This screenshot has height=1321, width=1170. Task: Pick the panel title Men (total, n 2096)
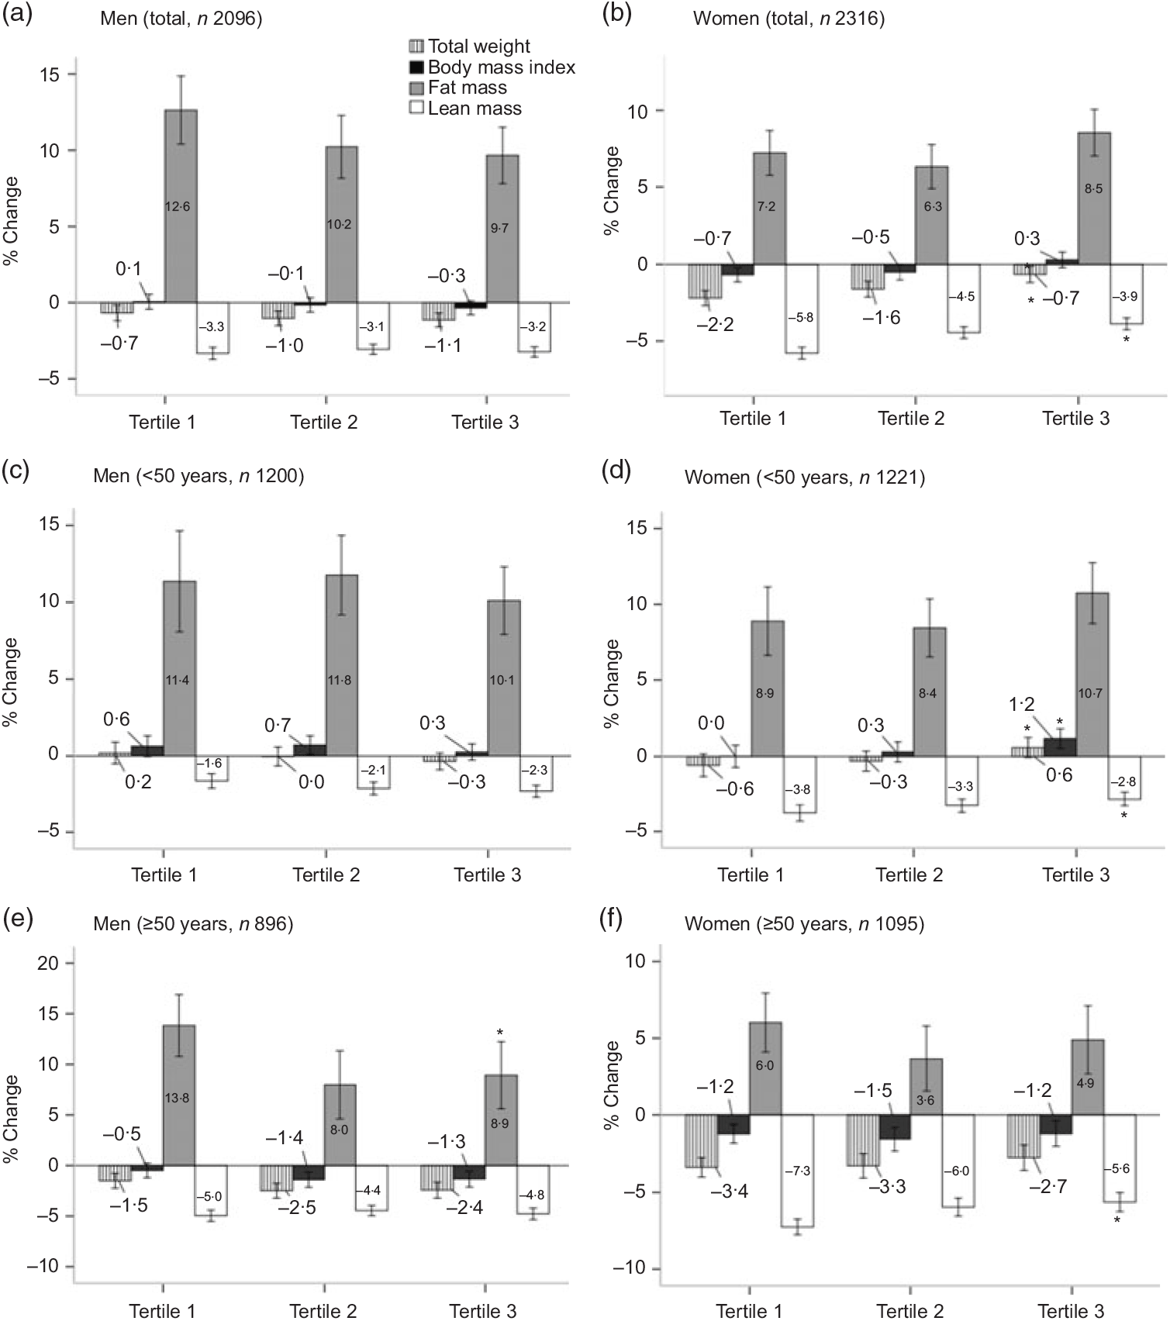(181, 18)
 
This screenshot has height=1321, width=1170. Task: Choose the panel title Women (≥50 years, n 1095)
(804, 924)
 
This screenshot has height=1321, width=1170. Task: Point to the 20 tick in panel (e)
(49, 963)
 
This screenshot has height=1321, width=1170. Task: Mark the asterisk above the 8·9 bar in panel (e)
(501, 1032)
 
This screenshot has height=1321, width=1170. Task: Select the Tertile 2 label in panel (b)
(911, 419)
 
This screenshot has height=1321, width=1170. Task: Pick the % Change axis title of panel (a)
(12, 222)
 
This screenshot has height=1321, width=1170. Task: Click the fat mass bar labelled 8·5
(1092, 198)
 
